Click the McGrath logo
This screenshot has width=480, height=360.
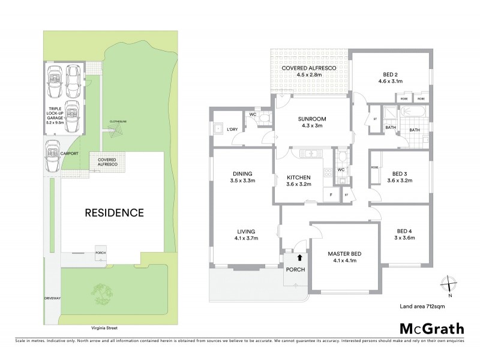click(x=431, y=328)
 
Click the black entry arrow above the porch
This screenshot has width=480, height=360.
click(x=292, y=258)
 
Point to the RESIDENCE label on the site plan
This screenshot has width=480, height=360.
click(x=113, y=212)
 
